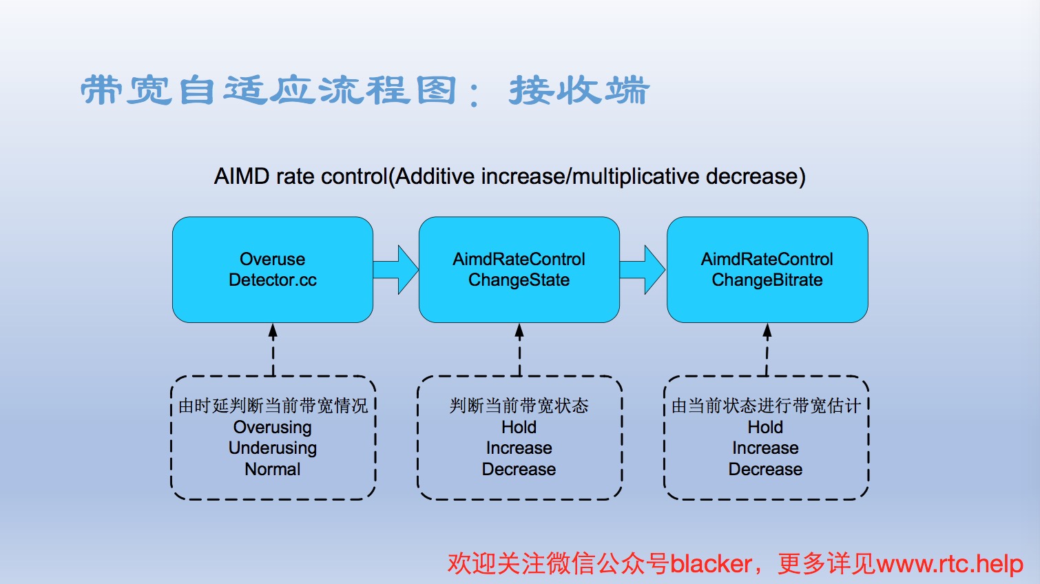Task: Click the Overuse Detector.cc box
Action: tap(273, 270)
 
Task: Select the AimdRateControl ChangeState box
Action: tap(519, 270)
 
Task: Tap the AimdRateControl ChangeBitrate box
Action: tap(767, 270)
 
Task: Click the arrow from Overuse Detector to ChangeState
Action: tap(396, 270)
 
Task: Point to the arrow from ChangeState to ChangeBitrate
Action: tap(643, 270)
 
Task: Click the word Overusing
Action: tap(273, 427)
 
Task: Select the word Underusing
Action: tap(273, 448)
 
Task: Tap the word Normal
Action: tap(273, 469)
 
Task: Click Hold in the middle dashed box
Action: tap(519, 427)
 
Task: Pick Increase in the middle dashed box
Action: tap(519, 448)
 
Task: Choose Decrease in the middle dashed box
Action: tap(519, 469)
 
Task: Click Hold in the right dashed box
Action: tap(765, 427)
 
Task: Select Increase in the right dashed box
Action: tap(765, 448)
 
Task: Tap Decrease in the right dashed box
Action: tap(765, 469)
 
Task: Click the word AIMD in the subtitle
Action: tap(242, 176)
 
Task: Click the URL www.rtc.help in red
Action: tap(950, 563)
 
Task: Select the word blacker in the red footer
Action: tap(711, 563)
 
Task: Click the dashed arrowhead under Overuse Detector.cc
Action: tap(273, 331)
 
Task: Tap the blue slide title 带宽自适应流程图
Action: tap(269, 91)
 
